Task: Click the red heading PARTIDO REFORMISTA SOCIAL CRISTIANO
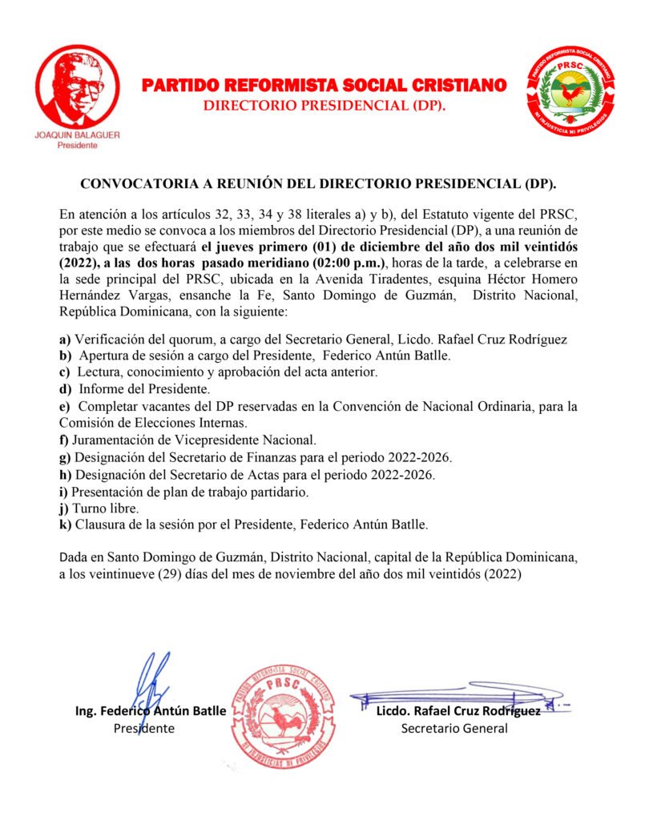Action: click(x=324, y=85)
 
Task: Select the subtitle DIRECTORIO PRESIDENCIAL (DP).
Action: click(x=324, y=106)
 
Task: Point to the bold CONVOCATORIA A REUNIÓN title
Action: click(x=319, y=183)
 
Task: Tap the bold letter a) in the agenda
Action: click(x=65, y=340)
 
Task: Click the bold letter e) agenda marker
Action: click(x=65, y=407)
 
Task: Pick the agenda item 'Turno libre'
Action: click(x=107, y=508)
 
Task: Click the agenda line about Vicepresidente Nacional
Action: click(x=195, y=440)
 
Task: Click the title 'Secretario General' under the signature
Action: click(x=454, y=729)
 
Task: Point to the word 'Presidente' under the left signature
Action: click(x=143, y=729)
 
